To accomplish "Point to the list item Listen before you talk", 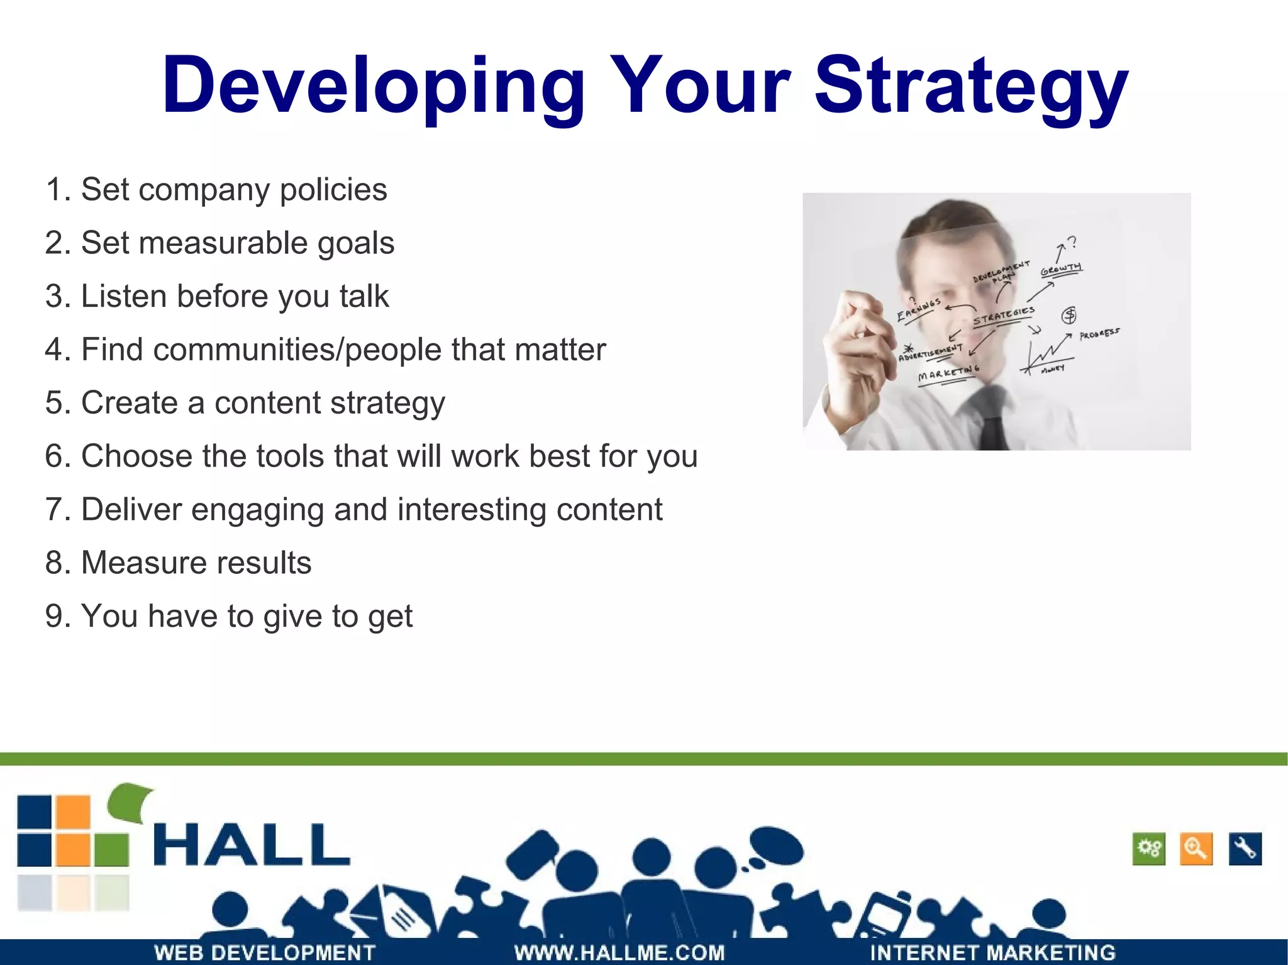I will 217,296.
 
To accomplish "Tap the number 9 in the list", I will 55,616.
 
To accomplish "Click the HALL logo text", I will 251,845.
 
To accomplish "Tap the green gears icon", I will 1148,849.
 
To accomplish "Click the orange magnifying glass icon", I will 1196,849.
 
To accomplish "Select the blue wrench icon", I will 1245,849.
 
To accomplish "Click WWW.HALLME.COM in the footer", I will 619,952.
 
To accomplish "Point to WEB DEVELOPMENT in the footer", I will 265,952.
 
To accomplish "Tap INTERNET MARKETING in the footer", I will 992,952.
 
